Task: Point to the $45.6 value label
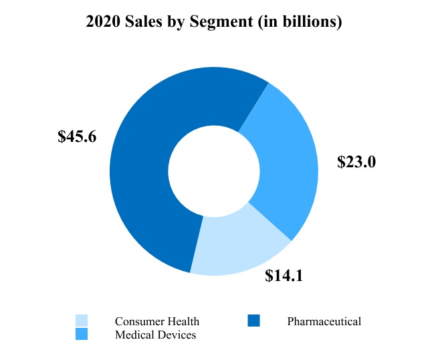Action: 78,137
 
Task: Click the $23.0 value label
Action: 356,162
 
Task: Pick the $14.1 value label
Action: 284,275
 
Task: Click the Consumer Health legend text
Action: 157,322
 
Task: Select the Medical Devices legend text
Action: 156,335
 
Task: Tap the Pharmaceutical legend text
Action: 324,322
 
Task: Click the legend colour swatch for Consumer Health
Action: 82,321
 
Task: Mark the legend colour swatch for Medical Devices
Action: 82,334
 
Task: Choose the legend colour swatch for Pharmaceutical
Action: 253,321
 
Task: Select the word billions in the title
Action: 316,22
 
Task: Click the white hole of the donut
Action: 214,171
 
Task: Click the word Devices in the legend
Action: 176,335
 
